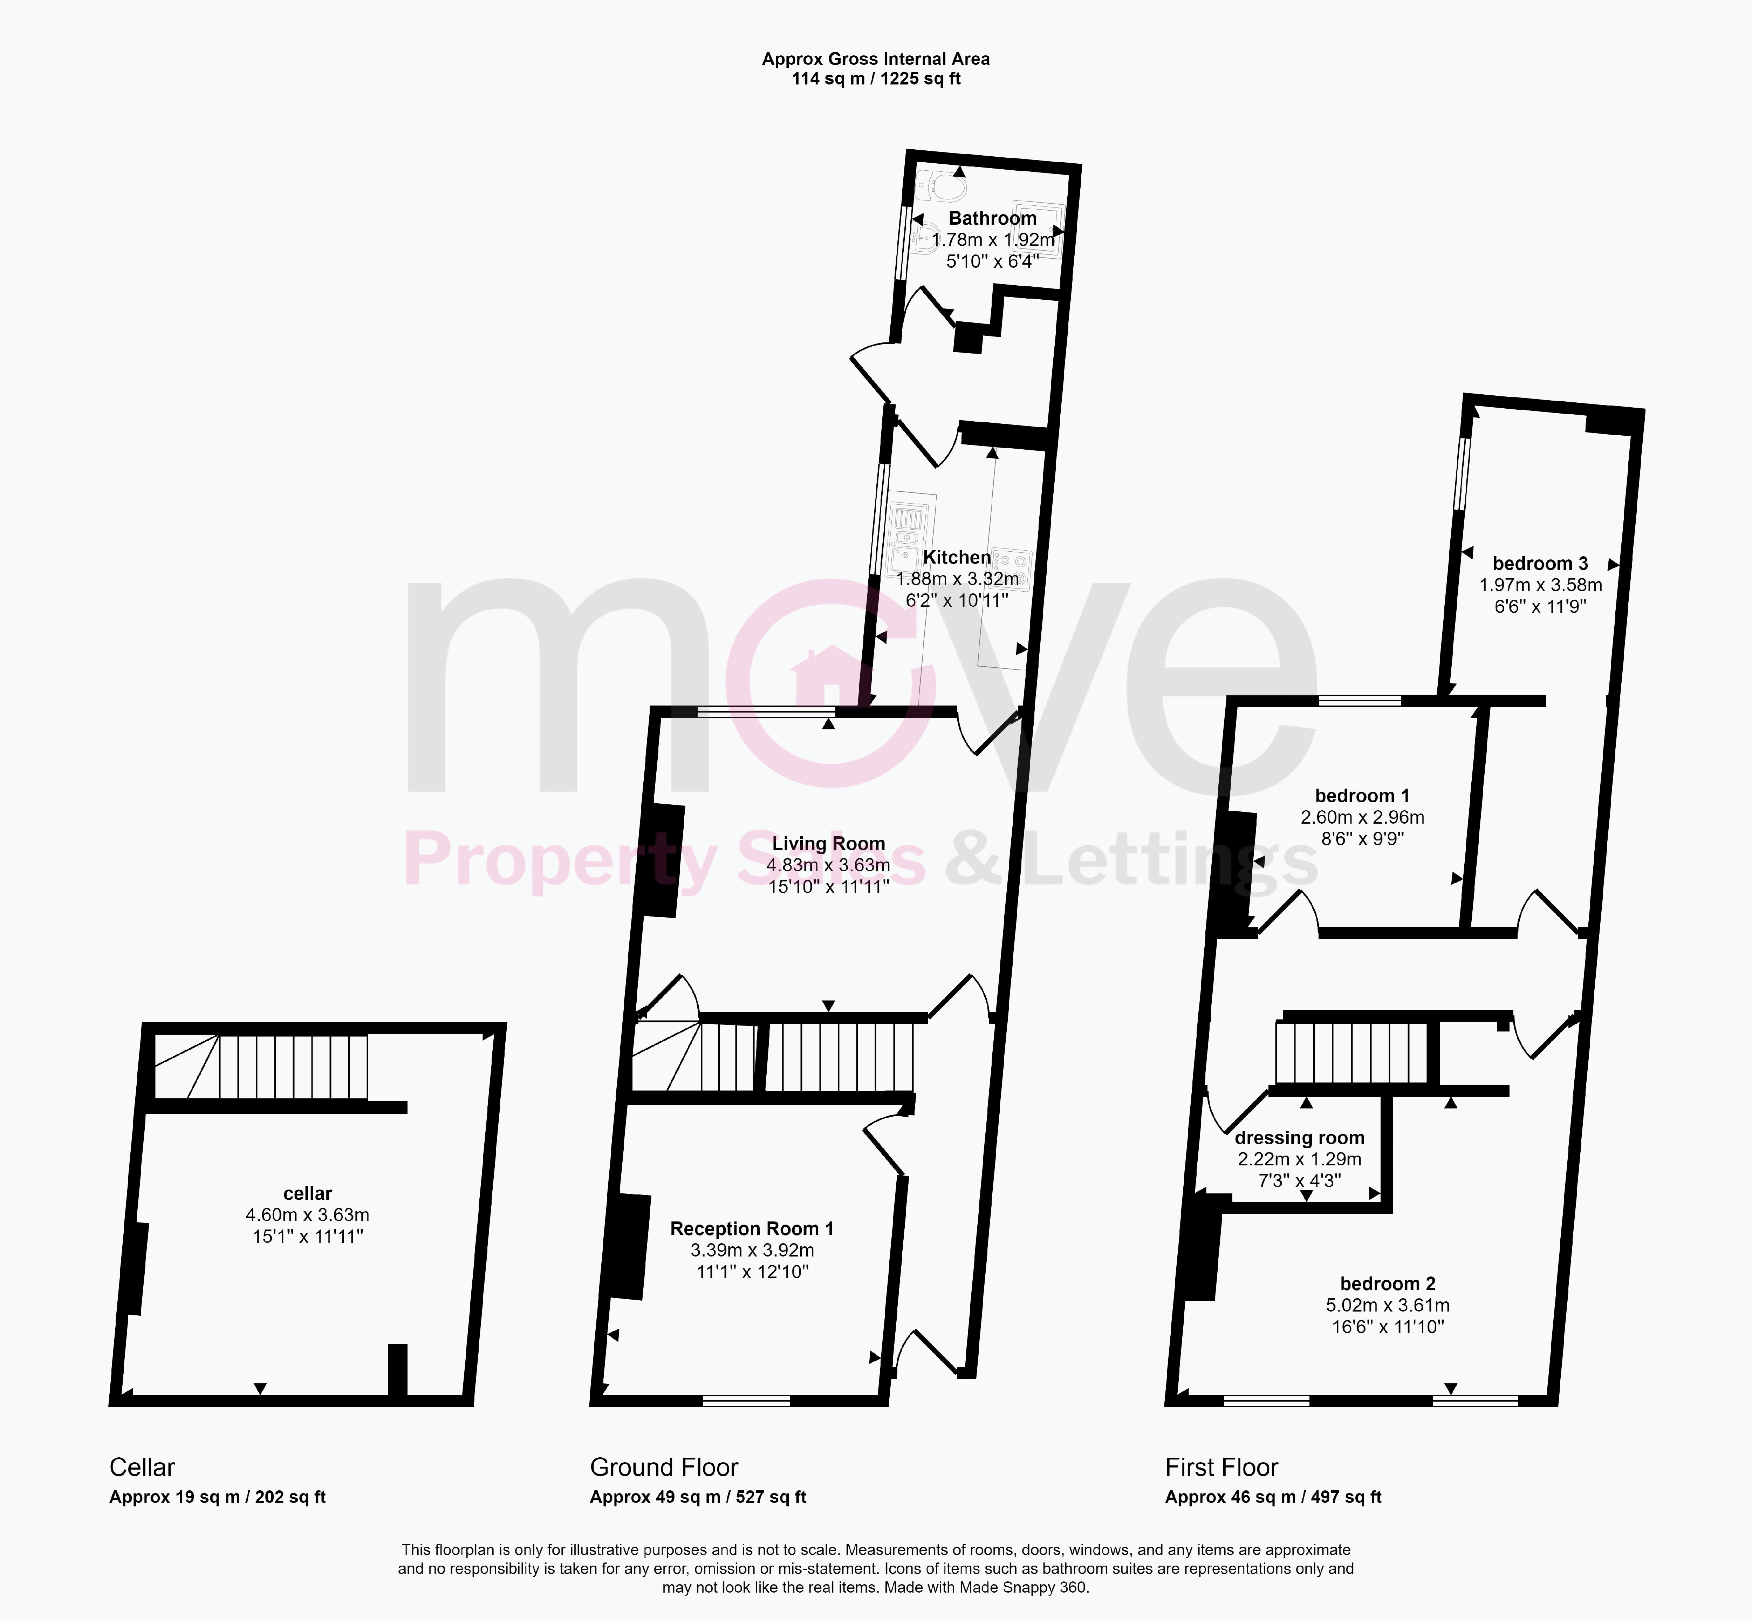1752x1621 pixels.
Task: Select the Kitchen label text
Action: [957, 557]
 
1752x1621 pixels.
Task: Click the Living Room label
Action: [828, 844]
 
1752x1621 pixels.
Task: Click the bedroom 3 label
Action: [1540, 563]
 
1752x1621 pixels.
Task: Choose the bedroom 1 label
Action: [1362, 796]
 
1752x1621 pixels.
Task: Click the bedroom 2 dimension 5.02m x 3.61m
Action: [1387, 1305]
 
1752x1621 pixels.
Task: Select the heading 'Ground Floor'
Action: [664, 1467]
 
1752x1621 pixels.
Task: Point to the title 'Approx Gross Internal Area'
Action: [875, 59]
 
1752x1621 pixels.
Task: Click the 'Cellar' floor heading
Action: [142, 1467]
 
